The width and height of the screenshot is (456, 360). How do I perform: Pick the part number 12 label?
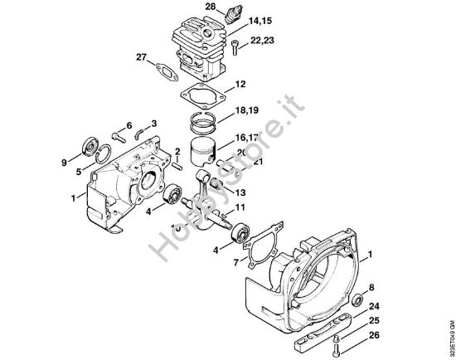click(240, 85)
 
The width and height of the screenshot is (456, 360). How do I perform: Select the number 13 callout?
click(240, 191)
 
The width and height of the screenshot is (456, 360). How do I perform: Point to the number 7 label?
click(236, 263)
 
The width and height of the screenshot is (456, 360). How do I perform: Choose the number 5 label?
click(78, 172)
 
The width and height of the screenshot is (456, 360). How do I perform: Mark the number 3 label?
click(154, 124)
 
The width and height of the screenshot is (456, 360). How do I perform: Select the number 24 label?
click(376, 304)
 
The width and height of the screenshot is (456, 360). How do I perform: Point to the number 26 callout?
click(376, 335)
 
